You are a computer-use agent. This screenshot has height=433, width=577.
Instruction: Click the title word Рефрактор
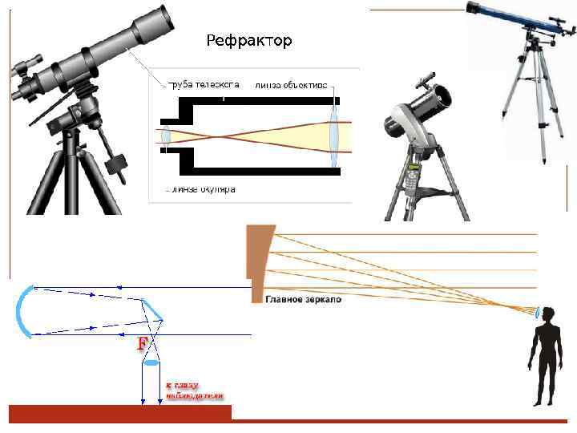(249, 40)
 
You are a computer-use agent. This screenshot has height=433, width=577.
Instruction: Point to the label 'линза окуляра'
(201, 191)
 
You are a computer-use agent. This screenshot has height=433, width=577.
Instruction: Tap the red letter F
(143, 345)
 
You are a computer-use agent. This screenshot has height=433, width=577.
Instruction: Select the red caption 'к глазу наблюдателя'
(195, 391)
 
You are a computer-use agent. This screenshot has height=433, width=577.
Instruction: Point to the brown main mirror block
(259, 257)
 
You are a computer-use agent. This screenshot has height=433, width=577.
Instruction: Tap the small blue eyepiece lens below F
(151, 363)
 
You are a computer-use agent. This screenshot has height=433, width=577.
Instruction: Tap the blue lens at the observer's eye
(537, 312)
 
